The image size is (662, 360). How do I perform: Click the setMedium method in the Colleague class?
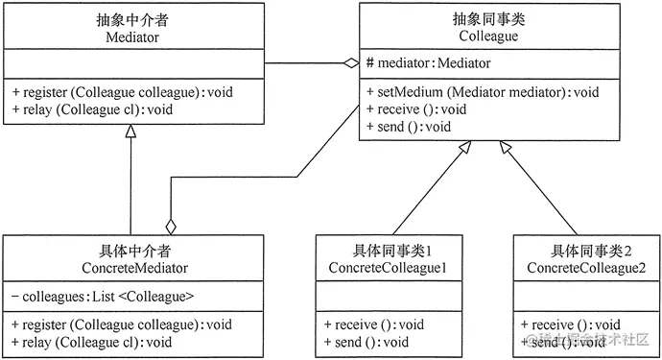point(483,93)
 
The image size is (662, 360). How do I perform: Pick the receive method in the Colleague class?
point(415,109)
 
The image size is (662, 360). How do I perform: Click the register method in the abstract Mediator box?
point(122,93)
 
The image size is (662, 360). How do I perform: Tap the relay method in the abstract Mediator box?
point(92,109)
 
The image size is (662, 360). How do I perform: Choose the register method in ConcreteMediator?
point(122,324)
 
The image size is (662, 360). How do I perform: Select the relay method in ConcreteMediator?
point(92,341)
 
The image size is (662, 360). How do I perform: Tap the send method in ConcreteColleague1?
point(366,341)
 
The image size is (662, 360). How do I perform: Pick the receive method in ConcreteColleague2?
point(570,324)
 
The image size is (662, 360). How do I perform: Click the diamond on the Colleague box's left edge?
point(352,64)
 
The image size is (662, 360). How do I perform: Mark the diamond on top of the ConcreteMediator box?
point(171,226)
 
